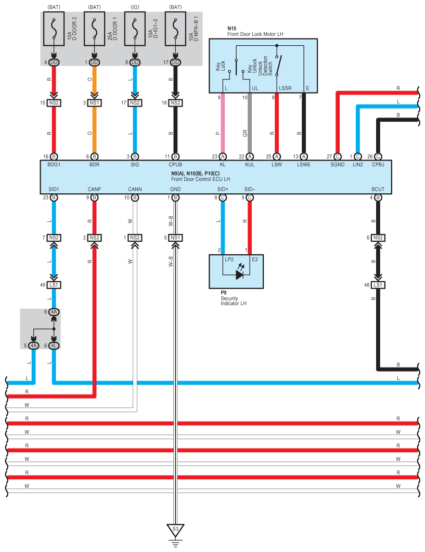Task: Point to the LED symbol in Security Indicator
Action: click(239, 274)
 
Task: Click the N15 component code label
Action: click(232, 28)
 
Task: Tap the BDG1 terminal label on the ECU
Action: click(54, 164)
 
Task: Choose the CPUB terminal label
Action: click(176, 164)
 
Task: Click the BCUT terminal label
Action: click(378, 189)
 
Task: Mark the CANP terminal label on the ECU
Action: click(94, 189)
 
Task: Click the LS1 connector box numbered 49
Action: click(54, 285)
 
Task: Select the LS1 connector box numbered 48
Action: click(378, 285)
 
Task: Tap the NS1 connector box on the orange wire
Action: click(94, 103)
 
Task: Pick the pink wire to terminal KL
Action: click(223, 125)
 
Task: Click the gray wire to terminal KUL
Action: click(250, 125)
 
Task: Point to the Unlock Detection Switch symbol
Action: click(279, 64)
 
